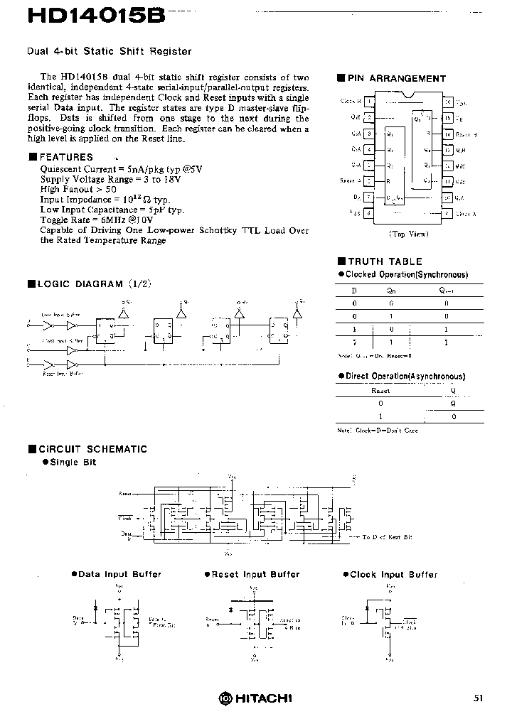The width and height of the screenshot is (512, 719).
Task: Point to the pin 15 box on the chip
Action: point(447,118)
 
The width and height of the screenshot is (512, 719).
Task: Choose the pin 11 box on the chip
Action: point(447,181)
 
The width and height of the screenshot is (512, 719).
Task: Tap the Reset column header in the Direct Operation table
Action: point(381,390)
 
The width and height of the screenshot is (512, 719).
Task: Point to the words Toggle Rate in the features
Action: point(63,220)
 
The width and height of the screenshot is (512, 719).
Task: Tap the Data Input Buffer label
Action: point(119,574)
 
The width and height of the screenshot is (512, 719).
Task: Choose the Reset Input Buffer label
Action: point(255,574)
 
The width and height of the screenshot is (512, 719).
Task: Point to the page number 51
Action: point(478,698)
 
